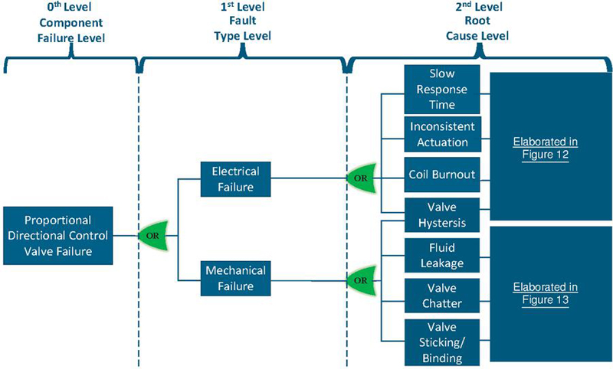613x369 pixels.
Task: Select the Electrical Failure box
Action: tap(235, 178)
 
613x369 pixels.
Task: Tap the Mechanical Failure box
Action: tap(235, 277)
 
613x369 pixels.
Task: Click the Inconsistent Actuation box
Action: tap(442, 134)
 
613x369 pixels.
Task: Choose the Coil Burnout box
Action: tap(442, 175)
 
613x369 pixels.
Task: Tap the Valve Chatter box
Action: tap(442, 296)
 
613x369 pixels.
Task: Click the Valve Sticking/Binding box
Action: tap(442, 341)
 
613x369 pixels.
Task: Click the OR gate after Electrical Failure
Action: tap(360, 178)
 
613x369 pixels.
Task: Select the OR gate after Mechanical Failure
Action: tap(360, 279)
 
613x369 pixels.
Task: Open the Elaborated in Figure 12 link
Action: tap(546, 148)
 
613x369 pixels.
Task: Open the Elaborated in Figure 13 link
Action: tap(546, 293)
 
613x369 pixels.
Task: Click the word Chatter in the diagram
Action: tap(442, 303)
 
